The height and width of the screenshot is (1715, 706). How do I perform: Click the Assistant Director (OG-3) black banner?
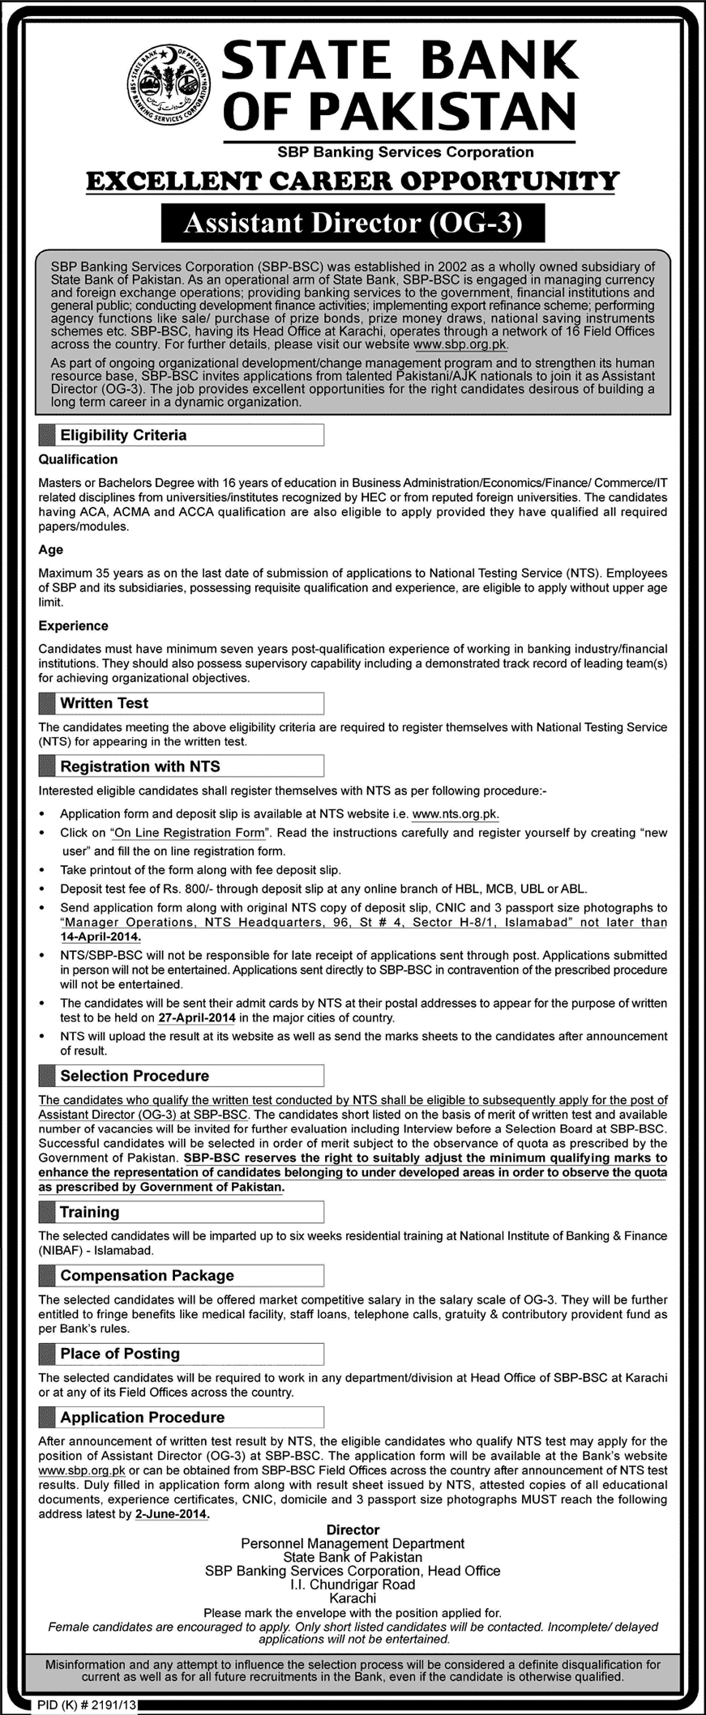[353, 224]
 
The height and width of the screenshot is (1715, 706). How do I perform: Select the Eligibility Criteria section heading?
[123, 435]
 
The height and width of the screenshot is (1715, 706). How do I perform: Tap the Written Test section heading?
[104, 703]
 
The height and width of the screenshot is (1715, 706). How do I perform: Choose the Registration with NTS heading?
[139, 766]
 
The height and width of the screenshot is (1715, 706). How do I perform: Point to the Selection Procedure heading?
[134, 1076]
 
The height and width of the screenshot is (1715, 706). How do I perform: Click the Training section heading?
[89, 1212]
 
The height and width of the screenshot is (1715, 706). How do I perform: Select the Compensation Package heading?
[147, 1275]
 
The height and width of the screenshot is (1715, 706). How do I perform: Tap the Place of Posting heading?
[119, 1354]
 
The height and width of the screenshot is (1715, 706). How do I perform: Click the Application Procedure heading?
[142, 1417]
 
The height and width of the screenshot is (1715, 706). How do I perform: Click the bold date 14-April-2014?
[101, 936]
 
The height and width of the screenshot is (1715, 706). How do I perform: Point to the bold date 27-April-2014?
[197, 1017]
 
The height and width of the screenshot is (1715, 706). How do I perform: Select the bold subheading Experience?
[73, 626]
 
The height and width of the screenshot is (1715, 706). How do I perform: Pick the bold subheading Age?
[50, 549]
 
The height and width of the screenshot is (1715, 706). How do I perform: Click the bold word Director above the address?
[353, 1529]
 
